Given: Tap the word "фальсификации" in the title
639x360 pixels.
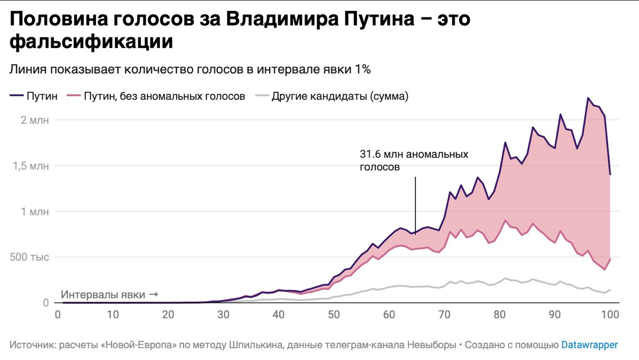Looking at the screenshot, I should pyautogui.click(x=91, y=41).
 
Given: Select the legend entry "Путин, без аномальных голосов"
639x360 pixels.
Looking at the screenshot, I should pyautogui.click(x=164, y=96).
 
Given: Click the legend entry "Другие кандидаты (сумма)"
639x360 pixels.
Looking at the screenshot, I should pyautogui.click(x=339, y=96).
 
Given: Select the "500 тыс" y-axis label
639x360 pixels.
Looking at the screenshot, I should pyautogui.click(x=29, y=258).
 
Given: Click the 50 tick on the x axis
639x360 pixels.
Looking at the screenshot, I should pyautogui.click(x=333, y=315).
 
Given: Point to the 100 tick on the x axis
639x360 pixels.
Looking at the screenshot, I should pyautogui.click(x=610, y=315).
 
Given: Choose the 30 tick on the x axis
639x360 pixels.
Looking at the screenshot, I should pyautogui.click(x=223, y=315).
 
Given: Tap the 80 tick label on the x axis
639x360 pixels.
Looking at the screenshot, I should pyautogui.click(x=499, y=315).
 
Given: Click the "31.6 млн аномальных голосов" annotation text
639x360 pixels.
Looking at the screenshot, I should pyautogui.click(x=414, y=160).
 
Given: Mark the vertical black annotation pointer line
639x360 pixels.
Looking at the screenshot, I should pyautogui.click(x=415, y=205).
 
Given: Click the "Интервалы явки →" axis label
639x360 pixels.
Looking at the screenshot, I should pyautogui.click(x=109, y=295).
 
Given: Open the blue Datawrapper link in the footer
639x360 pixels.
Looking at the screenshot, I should pyautogui.click(x=590, y=345).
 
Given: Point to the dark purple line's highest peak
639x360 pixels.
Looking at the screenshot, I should pyautogui.click(x=588, y=98).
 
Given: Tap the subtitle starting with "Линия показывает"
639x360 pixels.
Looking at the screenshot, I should pyautogui.click(x=190, y=69).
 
